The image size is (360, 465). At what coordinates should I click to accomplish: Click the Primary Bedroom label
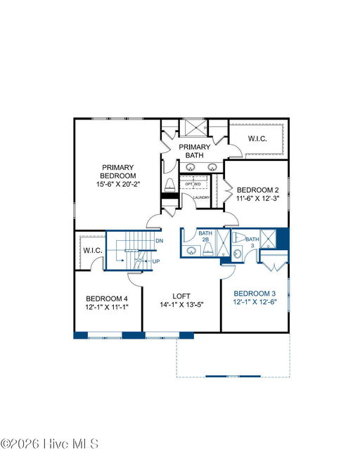point(118,171)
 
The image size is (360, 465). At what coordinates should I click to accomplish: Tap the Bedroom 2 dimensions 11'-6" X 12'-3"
point(258,198)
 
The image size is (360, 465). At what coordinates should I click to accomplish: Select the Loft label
point(181,296)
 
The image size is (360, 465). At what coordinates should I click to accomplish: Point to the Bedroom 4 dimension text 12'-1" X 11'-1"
point(107,307)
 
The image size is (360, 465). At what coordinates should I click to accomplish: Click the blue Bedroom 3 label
point(255,294)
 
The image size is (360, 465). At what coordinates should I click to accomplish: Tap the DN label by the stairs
point(160,241)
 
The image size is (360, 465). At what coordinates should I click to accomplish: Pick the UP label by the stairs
point(156,261)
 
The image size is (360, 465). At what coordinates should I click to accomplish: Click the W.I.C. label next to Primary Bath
point(257,138)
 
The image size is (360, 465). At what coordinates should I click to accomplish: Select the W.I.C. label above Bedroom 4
point(93,250)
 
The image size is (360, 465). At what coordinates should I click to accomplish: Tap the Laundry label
point(202,197)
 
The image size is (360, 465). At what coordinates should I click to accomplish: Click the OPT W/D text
point(193,184)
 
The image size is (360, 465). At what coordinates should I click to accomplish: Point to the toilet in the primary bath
point(169,185)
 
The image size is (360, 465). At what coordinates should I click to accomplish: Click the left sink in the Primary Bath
point(191,167)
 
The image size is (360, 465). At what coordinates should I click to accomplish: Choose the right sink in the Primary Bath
point(212,167)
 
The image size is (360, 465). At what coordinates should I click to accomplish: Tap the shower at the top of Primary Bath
point(193,128)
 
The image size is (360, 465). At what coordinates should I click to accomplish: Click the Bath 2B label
point(205,236)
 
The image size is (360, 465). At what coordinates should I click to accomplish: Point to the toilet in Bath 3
point(238,237)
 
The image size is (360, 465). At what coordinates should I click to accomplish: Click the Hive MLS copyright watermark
point(49,444)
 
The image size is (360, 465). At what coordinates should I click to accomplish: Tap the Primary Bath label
point(194,151)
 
